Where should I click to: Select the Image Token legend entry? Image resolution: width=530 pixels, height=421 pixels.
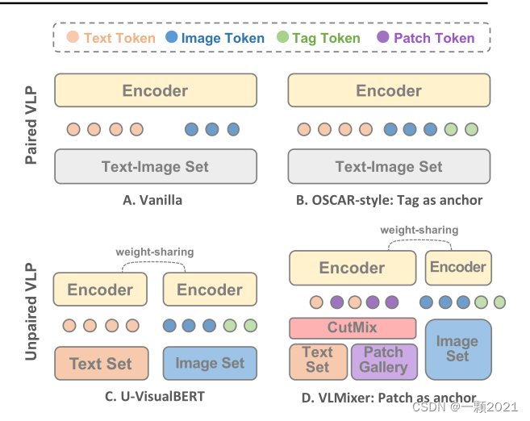(215, 37)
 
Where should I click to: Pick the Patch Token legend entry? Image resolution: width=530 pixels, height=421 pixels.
(425, 37)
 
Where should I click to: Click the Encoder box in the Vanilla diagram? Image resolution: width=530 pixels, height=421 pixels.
(155, 90)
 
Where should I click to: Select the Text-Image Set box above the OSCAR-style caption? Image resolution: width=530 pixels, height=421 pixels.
(389, 167)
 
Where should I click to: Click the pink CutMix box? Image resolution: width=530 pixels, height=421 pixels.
(353, 328)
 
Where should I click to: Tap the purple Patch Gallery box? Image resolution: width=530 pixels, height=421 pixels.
(383, 360)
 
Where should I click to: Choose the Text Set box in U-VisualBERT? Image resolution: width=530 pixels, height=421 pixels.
(101, 363)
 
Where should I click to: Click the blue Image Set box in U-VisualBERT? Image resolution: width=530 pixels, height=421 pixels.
(210, 363)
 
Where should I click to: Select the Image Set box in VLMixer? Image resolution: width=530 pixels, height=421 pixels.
(457, 348)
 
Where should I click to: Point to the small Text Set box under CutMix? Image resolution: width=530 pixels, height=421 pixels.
(318, 360)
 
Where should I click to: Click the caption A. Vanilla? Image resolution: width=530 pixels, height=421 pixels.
(152, 200)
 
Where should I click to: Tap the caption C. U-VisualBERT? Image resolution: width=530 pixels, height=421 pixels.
(155, 397)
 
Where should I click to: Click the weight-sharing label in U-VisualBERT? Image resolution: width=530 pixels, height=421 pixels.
(155, 252)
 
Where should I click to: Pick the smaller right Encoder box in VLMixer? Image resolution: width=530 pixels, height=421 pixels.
(457, 267)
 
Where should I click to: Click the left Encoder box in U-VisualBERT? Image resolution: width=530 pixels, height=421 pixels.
(100, 290)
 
